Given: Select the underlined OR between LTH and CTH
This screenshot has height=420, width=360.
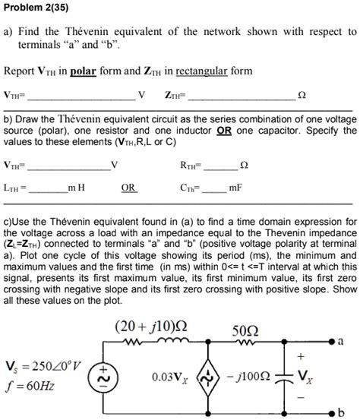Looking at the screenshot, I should click(129, 188).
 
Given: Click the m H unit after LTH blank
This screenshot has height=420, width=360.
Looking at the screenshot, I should click(77, 188).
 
